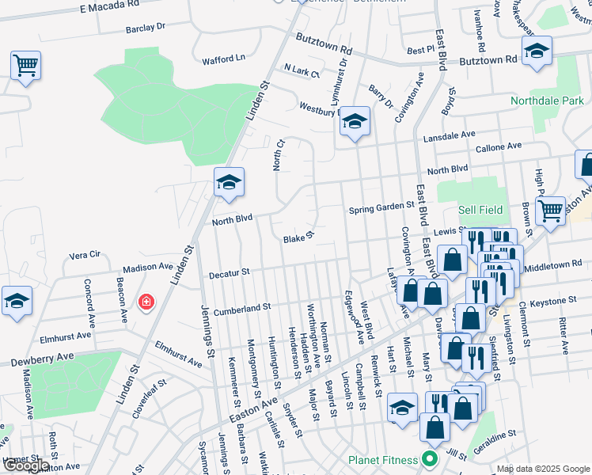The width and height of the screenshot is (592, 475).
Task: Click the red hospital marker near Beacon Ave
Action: [146, 302]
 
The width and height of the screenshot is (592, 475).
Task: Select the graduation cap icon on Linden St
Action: [228, 183]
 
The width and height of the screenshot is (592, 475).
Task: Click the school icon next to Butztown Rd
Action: [537, 53]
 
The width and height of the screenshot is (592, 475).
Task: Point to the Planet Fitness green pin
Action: [430, 459]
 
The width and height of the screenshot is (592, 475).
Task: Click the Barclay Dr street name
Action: [145, 27]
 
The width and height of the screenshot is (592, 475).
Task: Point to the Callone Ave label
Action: [498, 147]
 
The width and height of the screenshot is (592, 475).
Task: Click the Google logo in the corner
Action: [25, 466]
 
